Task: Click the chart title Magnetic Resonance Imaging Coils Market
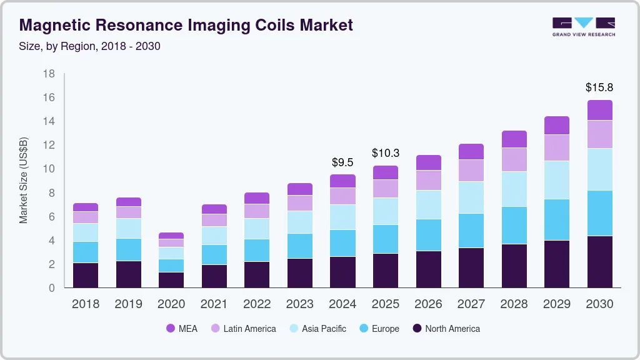click(186, 25)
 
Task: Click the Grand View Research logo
click(583, 26)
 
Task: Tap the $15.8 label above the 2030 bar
click(599, 87)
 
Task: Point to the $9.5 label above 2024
click(342, 162)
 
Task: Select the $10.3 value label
click(385, 152)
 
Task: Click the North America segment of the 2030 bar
click(599, 261)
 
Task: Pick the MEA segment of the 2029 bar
click(557, 126)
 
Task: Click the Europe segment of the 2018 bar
click(86, 252)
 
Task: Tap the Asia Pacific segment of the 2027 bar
click(471, 197)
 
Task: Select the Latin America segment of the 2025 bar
click(386, 189)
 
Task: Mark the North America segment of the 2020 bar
click(171, 279)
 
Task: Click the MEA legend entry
click(182, 328)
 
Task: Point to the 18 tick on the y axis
click(49, 74)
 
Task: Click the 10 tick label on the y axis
click(49, 169)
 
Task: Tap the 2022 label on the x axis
click(257, 304)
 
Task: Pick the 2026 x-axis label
click(428, 304)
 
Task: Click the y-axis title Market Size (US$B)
click(24, 180)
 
